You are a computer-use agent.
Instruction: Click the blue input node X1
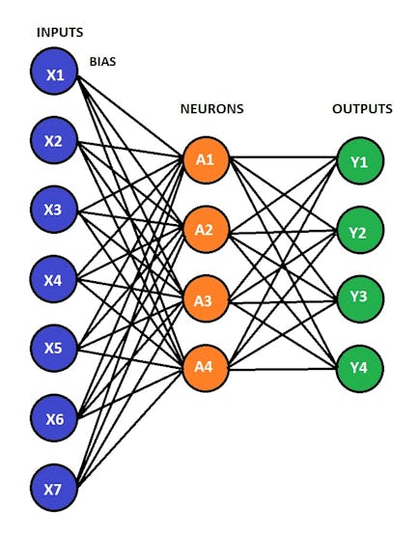(54, 74)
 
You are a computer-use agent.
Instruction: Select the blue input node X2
(54, 142)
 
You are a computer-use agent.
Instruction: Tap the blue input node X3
(54, 209)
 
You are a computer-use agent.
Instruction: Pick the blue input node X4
(54, 280)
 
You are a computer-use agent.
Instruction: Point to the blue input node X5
(54, 348)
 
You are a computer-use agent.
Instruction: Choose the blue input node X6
(54, 418)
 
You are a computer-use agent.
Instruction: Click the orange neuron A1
(205, 159)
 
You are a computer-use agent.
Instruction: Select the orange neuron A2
(205, 230)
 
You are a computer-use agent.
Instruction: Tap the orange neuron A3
(205, 299)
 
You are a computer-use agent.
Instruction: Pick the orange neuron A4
(205, 368)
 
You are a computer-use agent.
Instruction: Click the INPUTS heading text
(59, 33)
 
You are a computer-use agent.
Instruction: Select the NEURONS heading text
(211, 109)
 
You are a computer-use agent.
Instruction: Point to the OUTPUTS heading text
(362, 109)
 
